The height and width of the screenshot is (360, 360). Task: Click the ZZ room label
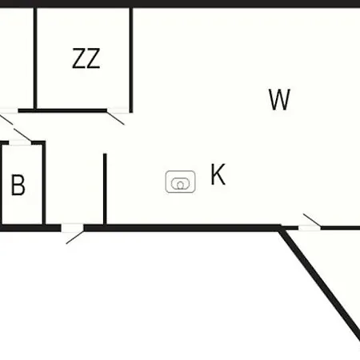(x=86, y=58)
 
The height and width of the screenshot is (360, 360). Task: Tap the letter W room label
(x=279, y=99)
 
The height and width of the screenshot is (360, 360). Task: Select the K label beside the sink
(x=218, y=174)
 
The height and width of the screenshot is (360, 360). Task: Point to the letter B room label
(x=18, y=185)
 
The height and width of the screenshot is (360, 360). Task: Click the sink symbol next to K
(x=181, y=182)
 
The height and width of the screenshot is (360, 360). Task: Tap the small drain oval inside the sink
(x=181, y=185)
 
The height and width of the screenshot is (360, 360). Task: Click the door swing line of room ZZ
(x=115, y=118)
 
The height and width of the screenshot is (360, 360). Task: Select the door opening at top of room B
(x=20, y=143)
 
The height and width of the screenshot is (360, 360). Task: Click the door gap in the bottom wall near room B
(x=72, y=228)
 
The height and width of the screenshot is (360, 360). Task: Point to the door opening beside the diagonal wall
(x=310, y=228)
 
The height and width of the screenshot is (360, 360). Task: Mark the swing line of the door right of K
(x=312, y=220)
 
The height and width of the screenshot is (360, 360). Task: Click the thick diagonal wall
(x=319, y=283)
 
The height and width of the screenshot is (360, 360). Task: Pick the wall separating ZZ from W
(x=131, y=60)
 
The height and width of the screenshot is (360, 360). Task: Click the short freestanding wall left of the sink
(x=105, y=189)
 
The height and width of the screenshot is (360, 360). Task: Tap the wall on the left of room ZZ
(x=35, y=58)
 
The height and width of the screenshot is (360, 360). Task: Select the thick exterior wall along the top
(x=180, y=3)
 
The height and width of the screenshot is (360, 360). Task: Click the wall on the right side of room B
(x=44, y=184)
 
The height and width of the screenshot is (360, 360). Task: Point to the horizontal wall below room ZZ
(x=62, y=110)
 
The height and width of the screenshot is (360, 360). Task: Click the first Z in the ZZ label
(x=79, y=58)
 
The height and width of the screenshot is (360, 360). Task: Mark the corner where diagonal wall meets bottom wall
(x=280, y=228)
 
